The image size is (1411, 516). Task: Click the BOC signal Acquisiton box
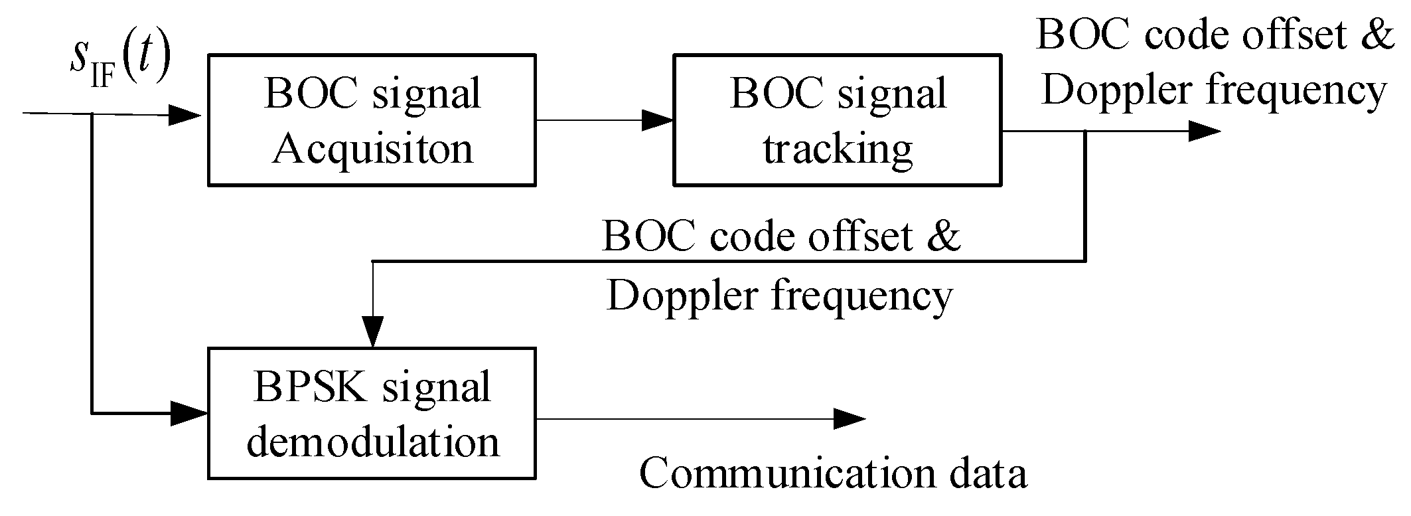[x=372, y=120]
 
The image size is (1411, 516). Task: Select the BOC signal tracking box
[x=838, y=120]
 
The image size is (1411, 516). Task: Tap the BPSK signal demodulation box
[x=372, y=413]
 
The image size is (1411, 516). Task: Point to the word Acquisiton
[x=373, y=149]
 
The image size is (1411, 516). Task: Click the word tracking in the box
[x=838, y=149]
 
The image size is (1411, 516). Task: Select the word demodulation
[x=373, y=442]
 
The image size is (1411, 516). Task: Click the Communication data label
[x=833, y=473]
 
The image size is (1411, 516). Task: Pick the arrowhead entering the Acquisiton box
[x=186, y=115]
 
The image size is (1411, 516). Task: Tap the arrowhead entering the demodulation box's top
[x=373, y=332]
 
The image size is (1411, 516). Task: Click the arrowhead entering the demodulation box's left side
[x=190, y=413]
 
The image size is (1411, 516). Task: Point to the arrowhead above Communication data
[x=850, y=418]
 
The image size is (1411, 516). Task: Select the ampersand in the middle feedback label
[x=943, y=236]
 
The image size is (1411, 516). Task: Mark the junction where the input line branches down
[x=92, y=114]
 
